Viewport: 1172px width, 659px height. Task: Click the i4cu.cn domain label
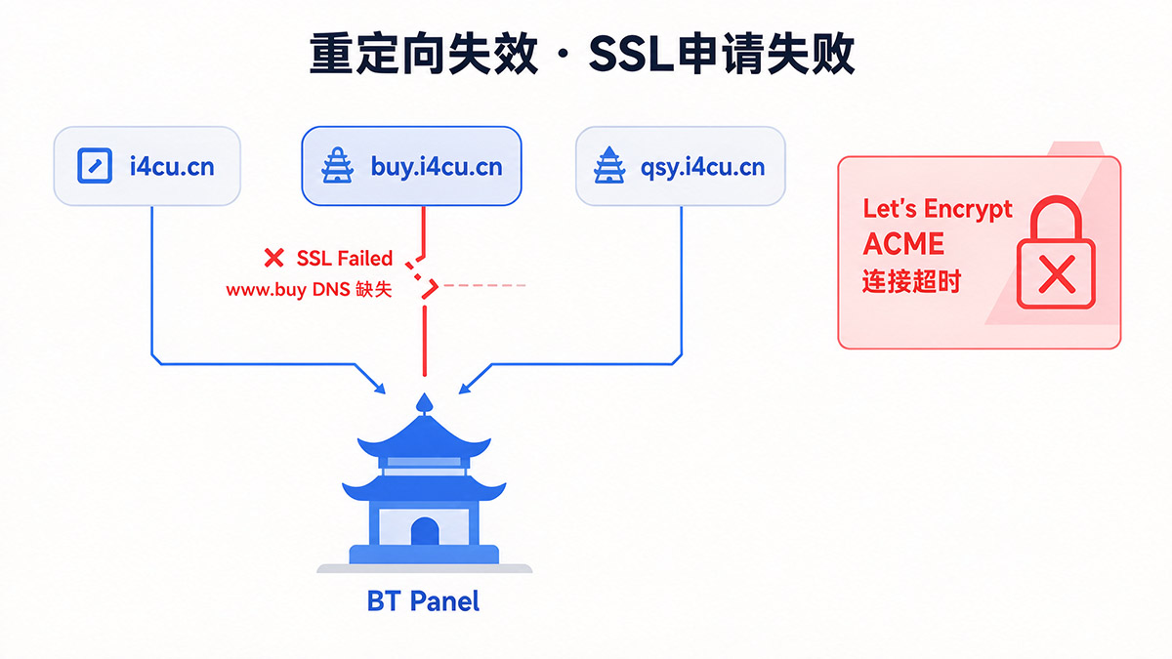point(172,167)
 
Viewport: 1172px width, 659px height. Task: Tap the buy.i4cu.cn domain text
point(437,167)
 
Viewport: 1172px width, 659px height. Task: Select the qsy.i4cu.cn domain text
point(702,167)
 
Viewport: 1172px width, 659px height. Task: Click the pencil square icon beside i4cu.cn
point(95,166)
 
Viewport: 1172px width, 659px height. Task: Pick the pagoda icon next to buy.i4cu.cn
point(338,165)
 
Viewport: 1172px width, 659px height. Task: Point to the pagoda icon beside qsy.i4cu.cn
point(609,165)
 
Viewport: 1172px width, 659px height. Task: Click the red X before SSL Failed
point(273,258)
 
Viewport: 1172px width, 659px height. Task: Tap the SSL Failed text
point(344,259)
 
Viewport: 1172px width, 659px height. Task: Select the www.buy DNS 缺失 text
point(309,289)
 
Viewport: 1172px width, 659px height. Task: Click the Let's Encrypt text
point(937,209)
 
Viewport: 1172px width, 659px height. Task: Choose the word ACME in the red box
point(903,244)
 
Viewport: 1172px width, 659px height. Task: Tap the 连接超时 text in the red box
point(911,281)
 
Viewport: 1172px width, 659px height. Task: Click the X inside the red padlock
point(1057,274)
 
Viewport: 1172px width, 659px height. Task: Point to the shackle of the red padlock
point(1056,201)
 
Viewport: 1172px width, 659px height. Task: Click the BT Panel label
point(423,601)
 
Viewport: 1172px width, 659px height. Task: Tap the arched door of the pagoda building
point(424,531)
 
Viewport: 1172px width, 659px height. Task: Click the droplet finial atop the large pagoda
point(424,404)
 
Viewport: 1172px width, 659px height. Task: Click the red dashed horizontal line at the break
point(484,285)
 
